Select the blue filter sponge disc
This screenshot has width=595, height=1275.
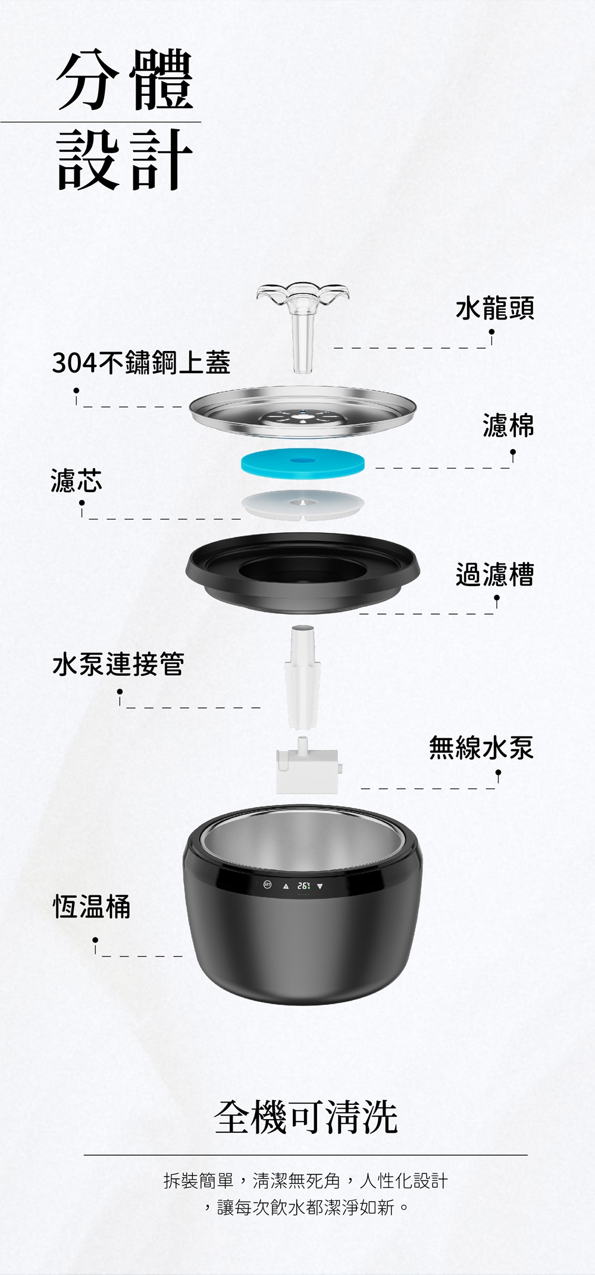(302, 462)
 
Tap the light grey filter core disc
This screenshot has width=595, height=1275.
(302, 505)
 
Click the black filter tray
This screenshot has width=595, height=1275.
(302, 573)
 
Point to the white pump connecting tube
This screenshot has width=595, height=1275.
(303, 676)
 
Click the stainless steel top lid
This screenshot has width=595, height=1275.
(302, 413)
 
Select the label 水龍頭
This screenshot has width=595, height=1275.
(495, 308)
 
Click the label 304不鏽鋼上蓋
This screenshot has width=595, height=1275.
(141, 362)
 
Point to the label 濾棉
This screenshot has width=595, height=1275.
(508, 425)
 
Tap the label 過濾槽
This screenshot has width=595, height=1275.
(495, 574)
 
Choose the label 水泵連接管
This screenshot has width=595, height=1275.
(118, 664)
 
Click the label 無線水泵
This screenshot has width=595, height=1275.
(482, 747)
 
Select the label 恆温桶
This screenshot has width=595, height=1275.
(92, 907)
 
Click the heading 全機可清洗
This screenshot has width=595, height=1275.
(306, 1117)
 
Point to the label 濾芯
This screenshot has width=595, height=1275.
(77, 480)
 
